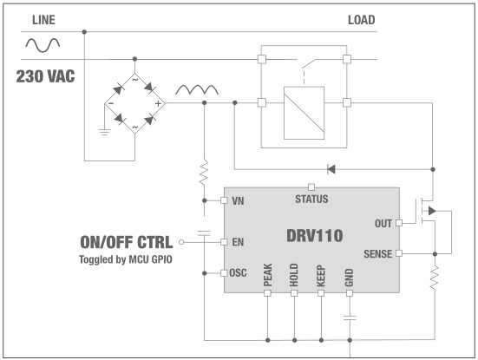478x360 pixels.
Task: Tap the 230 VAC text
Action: click(x=45, y=76)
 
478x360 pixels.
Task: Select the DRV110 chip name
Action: click(x=313, y=235)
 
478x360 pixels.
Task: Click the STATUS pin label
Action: click(x=312, y=198)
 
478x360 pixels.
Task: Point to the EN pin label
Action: click(x=238, y=242)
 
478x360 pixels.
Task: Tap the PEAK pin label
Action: click(x=267, y=277)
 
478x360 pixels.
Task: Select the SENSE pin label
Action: click(x=377, y=253)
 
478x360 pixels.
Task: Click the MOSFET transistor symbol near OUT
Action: click(x=429, y=212)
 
